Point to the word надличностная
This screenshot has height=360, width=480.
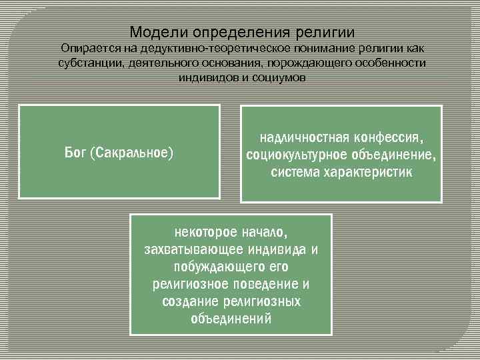[x=299, y=138]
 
